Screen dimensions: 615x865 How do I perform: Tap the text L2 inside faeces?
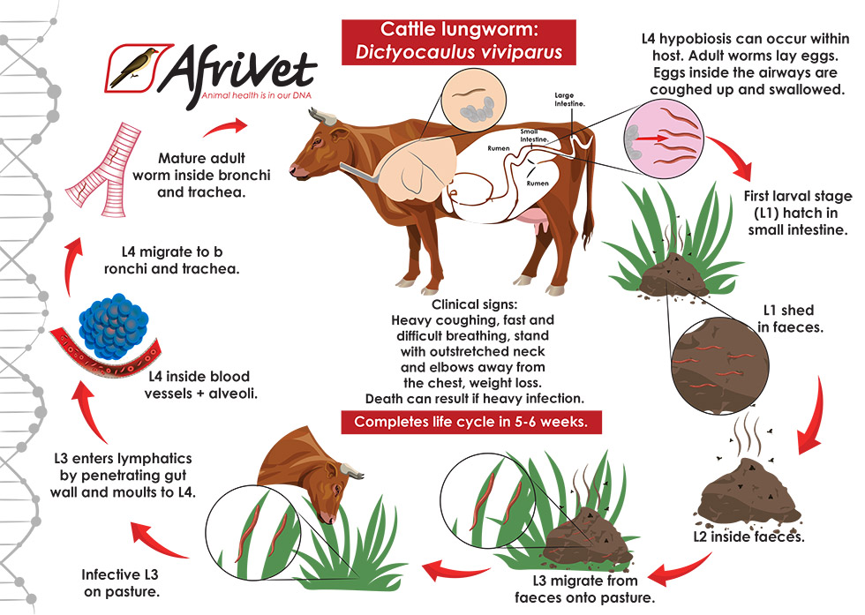click(749, 535)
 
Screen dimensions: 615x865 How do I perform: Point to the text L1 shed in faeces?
click(787, 319)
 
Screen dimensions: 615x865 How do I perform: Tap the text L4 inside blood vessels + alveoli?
click(201, 386)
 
